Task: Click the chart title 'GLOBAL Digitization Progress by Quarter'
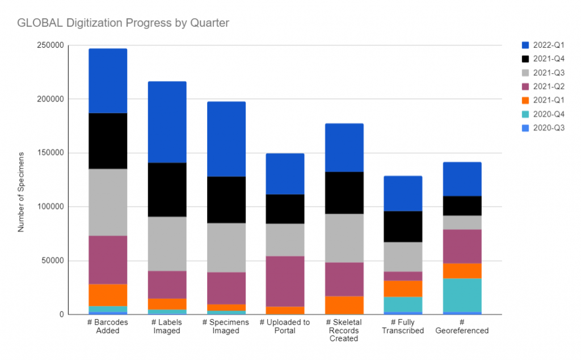123,23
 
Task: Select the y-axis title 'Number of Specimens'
21,192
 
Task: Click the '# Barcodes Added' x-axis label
108,326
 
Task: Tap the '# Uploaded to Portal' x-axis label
285,326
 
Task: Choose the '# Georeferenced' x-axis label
462,326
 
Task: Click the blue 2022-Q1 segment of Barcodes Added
108,81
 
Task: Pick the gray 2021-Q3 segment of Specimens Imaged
226,248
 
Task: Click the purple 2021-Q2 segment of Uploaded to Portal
285,281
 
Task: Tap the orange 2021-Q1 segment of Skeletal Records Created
344,305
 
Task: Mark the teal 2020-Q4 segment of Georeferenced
462,295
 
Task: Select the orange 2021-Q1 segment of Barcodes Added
108,295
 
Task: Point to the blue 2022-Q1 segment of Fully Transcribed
403,194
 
